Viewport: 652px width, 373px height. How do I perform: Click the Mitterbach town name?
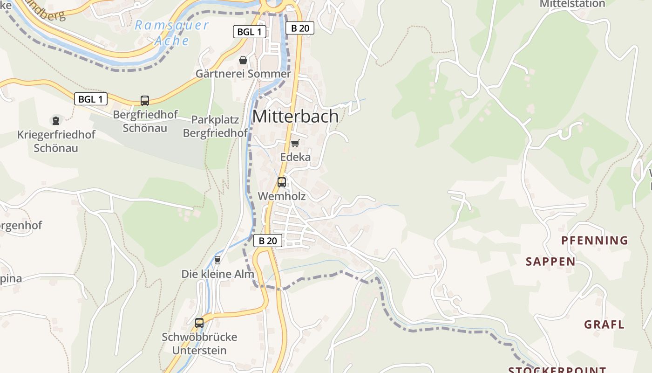coord(295,117)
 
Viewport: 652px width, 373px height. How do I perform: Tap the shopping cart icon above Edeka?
coord(295,143)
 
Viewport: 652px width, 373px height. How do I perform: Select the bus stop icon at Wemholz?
coord(282,182)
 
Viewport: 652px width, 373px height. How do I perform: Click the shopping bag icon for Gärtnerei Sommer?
coord(243,60)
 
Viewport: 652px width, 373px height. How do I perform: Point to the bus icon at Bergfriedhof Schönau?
coord(145,100)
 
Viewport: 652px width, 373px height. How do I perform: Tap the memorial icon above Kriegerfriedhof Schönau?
coord(56,121)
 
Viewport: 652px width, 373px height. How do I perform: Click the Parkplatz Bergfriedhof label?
coord(215,126)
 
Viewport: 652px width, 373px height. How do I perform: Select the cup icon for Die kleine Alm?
coord(217,260)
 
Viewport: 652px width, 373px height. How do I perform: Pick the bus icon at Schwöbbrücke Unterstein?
coord(199,323)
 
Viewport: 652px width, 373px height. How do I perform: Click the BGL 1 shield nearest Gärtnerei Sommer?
coord(249,32)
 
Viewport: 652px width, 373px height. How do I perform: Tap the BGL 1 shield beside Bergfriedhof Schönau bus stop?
coord(90,99)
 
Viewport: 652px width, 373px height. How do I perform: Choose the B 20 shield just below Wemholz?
coord(268,241)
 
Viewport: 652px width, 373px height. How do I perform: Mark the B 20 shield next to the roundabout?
coord(300,28)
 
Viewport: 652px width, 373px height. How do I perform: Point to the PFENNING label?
coord(595,241)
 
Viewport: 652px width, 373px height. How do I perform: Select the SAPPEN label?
coord(550,262)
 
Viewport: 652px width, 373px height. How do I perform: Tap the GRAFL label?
coord(604,325)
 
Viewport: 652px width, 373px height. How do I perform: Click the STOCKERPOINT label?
coord(557,370)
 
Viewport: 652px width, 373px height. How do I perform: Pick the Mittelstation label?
coord(572,4)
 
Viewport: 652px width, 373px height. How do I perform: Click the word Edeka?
coord(295,157)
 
